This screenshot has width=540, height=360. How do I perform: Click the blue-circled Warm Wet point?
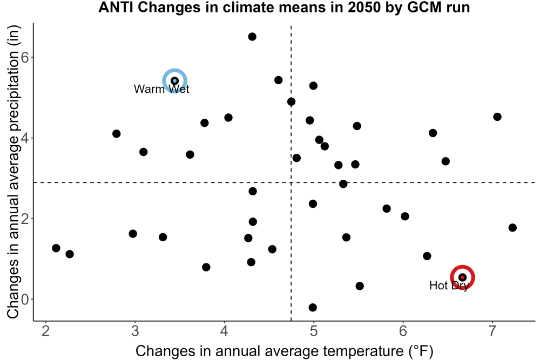tap(174, 81)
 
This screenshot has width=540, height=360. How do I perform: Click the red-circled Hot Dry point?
tap(463, 277)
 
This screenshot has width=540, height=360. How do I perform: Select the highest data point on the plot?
tap(252, 37)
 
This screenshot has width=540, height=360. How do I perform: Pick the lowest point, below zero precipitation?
tap(313, 307)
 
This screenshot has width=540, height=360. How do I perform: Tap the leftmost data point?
tap(56, 248)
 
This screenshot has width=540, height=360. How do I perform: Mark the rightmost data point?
tap(512, 227)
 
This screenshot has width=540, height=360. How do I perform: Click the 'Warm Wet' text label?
tap(161, 89)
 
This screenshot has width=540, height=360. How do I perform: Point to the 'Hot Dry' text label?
tap(449, 286)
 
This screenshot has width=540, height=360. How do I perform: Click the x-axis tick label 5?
tap(313, 331)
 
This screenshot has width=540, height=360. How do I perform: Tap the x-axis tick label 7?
tap(492, 331)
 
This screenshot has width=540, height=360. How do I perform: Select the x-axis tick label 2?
tap(45, 331)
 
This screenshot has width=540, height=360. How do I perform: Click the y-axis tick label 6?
tap(25, 57)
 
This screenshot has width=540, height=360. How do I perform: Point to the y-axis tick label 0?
tap(25, 300)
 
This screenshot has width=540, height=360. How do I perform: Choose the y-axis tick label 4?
tap(25, 138)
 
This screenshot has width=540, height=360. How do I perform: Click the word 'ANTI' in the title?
tap(116, 7)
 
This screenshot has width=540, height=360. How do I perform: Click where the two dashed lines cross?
tap(292, 182)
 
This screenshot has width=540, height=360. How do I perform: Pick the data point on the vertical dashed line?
tap(292, 102)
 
